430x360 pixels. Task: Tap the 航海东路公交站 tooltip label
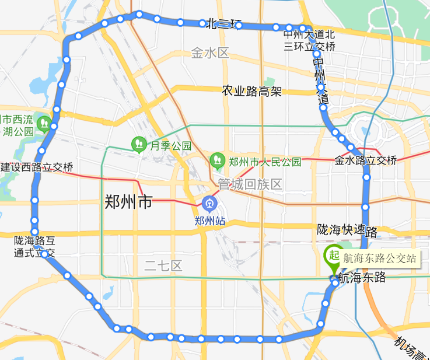coord(380,258)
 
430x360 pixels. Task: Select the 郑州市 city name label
coord(128,202)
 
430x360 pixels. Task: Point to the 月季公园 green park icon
coord(139,144)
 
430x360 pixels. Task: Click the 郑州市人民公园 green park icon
coord(218,159)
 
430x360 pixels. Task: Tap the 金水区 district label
coord(210,54)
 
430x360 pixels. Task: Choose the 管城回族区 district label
coord(250,184)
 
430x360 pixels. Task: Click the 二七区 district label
coord(163,267)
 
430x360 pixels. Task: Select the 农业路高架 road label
coord(251,91)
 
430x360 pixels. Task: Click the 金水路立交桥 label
coord(366,160)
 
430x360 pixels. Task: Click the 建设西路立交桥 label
coord(37,167)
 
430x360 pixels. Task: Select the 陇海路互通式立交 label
coord(34,247)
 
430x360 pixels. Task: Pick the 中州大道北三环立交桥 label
coord(309,40)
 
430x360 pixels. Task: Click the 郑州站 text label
coord(209,221)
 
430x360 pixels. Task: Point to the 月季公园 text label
coord(171,146)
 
